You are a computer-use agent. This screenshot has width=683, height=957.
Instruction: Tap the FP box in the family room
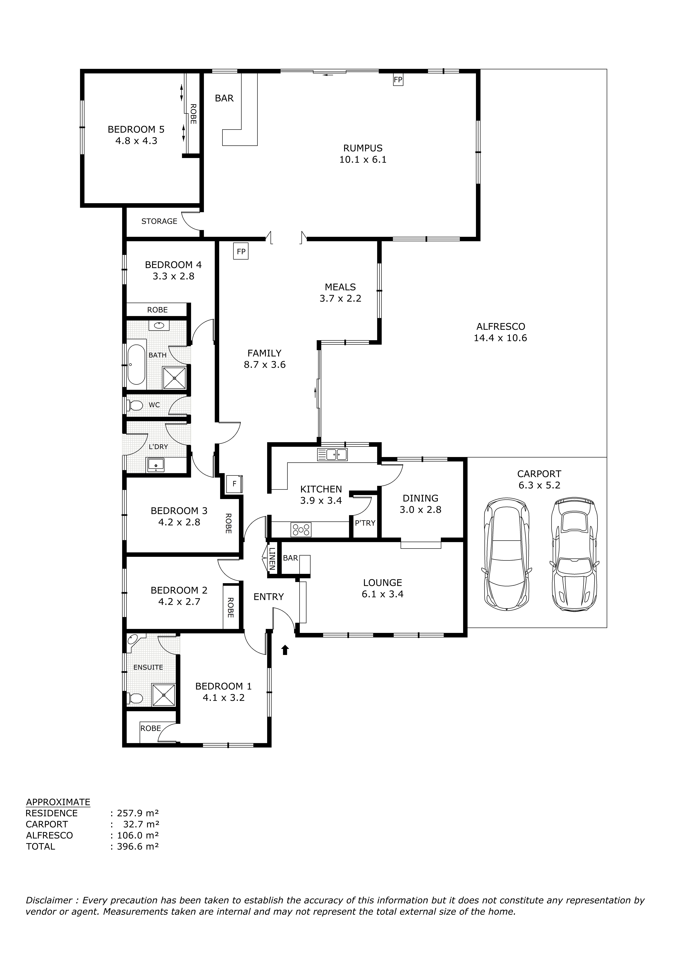(x=241, y=252)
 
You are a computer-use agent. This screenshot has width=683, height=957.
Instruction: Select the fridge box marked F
(x=234, y=484)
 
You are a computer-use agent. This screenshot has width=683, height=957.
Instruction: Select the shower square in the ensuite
(x=163, y=695)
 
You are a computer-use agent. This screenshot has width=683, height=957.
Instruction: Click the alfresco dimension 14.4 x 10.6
(x=500, y=338)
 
